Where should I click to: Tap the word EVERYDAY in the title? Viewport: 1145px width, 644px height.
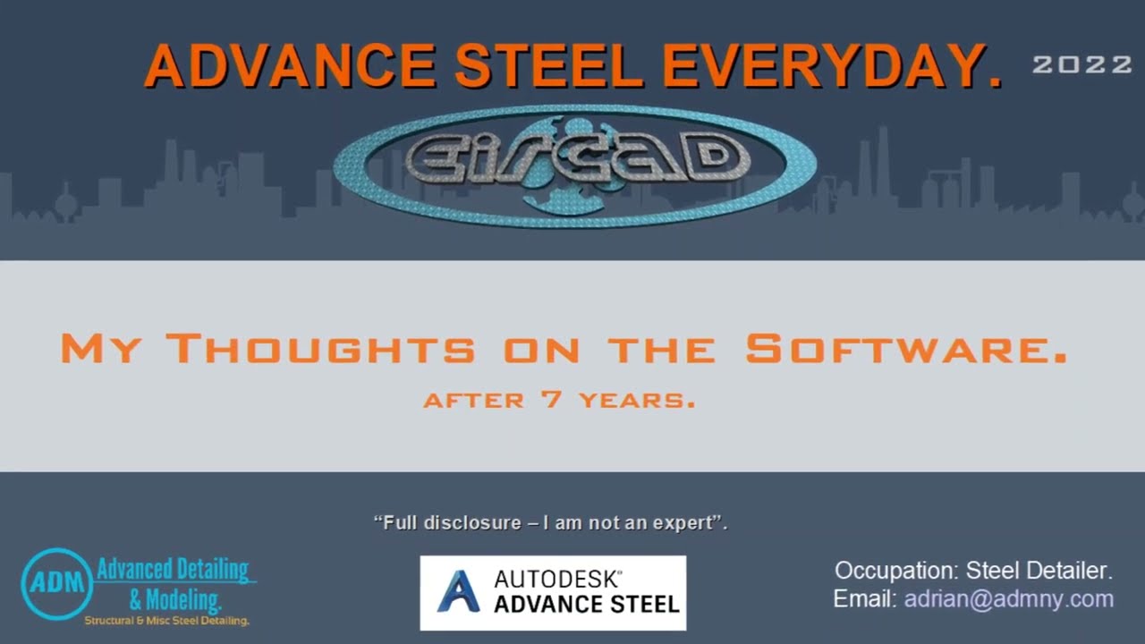point(832,65)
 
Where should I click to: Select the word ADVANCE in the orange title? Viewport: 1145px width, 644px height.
point(290,65)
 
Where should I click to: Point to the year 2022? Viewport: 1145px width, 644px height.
point(1082,64)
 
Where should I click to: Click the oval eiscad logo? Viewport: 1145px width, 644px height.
point(574,165)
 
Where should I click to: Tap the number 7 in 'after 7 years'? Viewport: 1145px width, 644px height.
point(552,400)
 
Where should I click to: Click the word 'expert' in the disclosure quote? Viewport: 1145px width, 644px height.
point(690,522)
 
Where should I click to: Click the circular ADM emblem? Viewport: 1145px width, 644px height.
point(57,584)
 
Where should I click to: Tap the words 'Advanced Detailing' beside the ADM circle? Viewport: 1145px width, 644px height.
point(174,569)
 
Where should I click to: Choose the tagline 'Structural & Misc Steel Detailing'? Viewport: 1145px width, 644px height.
point(166,620)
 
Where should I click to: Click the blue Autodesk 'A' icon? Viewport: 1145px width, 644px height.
point(458,592)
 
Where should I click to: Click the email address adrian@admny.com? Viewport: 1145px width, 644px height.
point(1008,599)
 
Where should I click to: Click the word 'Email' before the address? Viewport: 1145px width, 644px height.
point(864,599)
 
